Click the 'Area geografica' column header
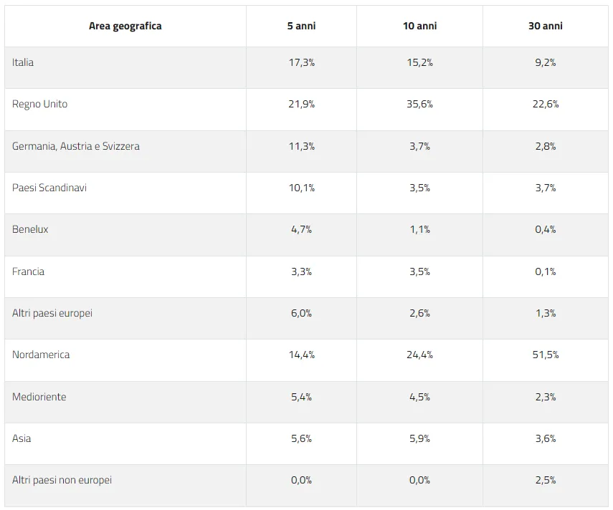tap(125, 27)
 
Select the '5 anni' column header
tap(301, 27)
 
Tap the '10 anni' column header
tap(420, 27)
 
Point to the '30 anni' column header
tap(546, 27)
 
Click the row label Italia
tap(23, 62)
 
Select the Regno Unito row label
tap(40, 105)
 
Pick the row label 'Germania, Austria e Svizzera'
tap(76, 146)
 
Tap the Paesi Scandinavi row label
tap(49, 188)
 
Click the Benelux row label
tap(30, 229)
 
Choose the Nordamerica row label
tap(41, 355)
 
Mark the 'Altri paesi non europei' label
tap(62, 480)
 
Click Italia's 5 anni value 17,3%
tap(301, 62)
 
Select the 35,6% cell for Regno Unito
tap(420, 105)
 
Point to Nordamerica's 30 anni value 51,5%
tap(546, 355)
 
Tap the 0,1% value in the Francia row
tap(546, 271)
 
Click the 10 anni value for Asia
tap(420, 438)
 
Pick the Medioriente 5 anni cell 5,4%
tap(301, 397)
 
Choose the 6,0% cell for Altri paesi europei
tap(301, 313)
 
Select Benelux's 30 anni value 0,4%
tap(546, 229)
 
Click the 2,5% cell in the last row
tap(546, 480)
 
